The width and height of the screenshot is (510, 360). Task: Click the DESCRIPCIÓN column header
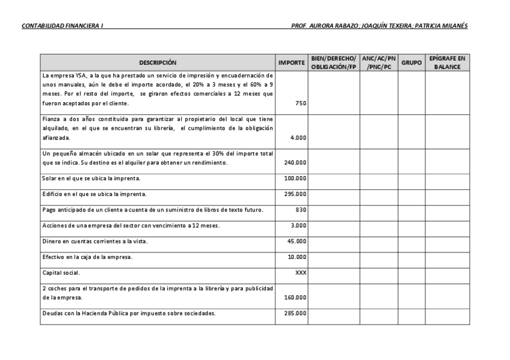(x=158, y=63)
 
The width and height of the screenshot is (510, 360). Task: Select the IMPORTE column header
(x=292, y=63)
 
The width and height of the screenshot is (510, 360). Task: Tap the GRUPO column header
(x=411, y=63)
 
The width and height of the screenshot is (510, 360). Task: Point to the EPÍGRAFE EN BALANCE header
(x=447, y=63)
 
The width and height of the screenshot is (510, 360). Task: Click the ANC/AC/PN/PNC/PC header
(x=379, y=63)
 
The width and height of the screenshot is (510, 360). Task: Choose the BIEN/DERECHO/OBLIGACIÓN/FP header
(x=334, y=63)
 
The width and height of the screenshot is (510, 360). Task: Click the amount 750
(x=301, y=103)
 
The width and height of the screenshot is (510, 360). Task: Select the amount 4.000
(x=298, y=138)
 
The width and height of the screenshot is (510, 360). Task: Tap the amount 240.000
(x=295, y=163)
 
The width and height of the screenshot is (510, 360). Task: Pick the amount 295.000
(x=295, y=194)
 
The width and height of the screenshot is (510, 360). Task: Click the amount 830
(x=301, y=210)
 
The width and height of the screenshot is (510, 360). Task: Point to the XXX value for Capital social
(x=301, y=272)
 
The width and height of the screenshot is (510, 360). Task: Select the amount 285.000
(x=295, y=313)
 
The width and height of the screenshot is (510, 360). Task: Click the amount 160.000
(x=295, y=297)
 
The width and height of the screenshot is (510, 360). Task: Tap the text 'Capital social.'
(x=61, y=272)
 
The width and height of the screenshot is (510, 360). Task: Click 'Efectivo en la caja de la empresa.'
(x=87, y=257)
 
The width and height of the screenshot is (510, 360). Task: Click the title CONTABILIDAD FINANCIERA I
(x=62, y=26)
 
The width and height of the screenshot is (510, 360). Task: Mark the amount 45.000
(x=296, y=241)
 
